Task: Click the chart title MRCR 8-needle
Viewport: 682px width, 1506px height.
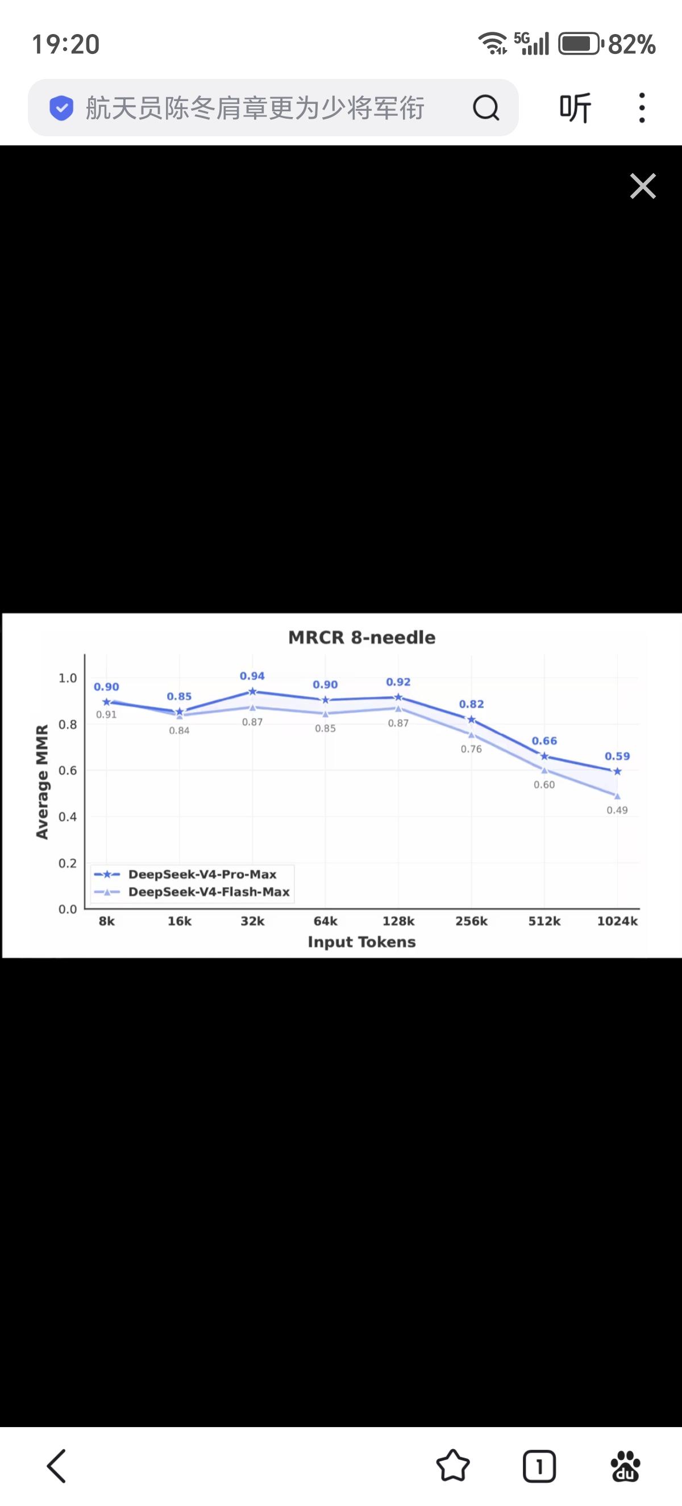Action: (361, 637)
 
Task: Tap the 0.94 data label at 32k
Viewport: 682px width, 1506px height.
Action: (252, 676)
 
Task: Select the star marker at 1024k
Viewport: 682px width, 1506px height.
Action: (617, 772)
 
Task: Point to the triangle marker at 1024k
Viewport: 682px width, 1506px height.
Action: (617, 796)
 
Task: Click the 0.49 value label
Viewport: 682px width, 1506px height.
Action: (617, 810)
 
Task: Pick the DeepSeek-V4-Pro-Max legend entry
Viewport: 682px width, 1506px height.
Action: (202, 874)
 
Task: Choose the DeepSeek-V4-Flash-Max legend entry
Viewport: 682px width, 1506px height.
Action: (209, 892)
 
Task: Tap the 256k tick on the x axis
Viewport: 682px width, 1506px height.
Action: (472, 921)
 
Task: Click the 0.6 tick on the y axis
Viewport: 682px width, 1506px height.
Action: (68, 771)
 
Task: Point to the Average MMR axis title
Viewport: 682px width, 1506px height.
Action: (41, 781)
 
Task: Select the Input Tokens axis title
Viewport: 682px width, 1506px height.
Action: (361, 942)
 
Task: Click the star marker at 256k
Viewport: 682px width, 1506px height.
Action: (472, 719)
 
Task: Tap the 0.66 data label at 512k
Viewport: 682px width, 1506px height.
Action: (544, 741)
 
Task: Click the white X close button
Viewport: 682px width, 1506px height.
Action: (643, 186)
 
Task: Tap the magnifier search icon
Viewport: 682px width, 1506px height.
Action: (485, 107)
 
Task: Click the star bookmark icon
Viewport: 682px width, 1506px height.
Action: (453, 1466)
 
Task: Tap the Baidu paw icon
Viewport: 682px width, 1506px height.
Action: (625, 1466)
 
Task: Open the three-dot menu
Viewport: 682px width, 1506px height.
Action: (642, 107)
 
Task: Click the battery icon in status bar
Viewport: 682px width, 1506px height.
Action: (579, 44)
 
